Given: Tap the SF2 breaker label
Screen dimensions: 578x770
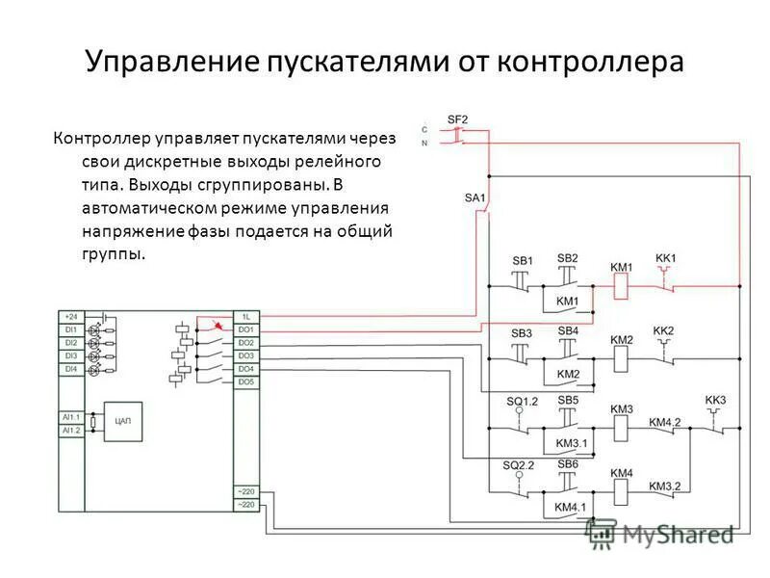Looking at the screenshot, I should [x=457, y=118].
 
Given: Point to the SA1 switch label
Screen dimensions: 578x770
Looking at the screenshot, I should [x=475, y=198].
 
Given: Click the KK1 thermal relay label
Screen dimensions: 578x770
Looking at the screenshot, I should [x=666, y=258].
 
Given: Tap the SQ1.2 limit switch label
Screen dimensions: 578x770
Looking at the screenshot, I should [x=521, y=400].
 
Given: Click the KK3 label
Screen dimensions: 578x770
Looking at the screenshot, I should [x=715, y=400].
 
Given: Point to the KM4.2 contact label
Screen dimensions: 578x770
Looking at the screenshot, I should [x=664, y=422].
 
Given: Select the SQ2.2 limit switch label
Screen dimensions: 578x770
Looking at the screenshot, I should [x=518, y=465].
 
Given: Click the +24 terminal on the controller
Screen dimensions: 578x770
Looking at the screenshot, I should [x=70, y=316].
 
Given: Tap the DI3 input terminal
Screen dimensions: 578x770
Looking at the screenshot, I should [x=70, y=355].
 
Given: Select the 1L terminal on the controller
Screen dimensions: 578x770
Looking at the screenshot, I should [x=245, y=316].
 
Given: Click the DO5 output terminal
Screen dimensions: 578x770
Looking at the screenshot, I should [x=245, y=382].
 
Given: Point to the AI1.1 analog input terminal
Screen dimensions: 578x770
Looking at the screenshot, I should [x=71, y=416].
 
